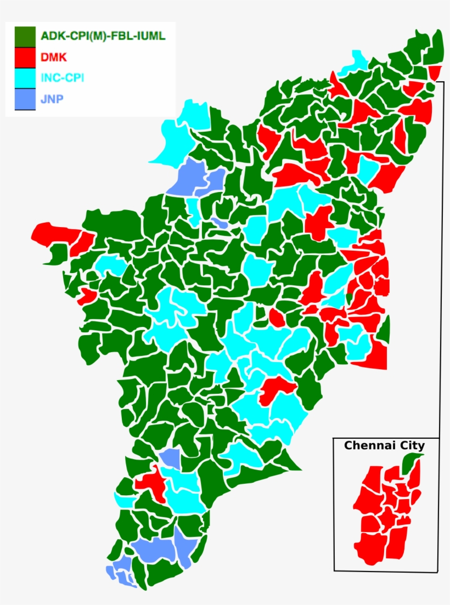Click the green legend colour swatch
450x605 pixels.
click(25, 36)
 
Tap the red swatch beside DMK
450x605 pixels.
click(25, 56)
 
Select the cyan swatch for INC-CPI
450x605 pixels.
click(25, 77)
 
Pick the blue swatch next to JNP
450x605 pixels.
click(25, 99)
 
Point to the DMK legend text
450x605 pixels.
click(54, 56)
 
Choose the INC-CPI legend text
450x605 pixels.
click(62, 77)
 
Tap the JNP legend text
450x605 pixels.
click(52, 99)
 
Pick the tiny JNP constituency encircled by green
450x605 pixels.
click(220, 223)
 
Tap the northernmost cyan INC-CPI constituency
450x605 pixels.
click(356, 61)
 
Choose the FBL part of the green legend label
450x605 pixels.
click(127, 37)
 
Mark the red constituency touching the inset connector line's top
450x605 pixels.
click(435, 72)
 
